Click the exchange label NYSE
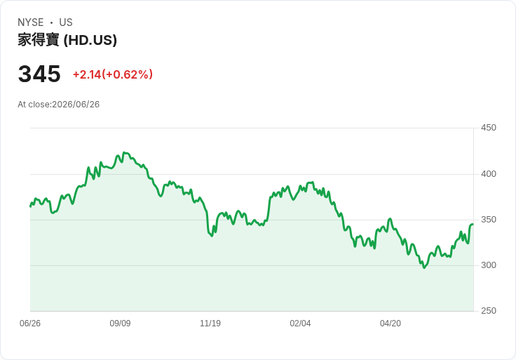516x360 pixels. tap(31, 22)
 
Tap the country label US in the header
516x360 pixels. tap(66, 22)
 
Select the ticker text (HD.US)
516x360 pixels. tap(90, 40)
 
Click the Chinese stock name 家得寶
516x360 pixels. tap(39, 40)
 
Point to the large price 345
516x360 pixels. tap(39, 74)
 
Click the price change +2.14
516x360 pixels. tap(87, 74)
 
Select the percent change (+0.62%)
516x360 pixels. tap(128, 74)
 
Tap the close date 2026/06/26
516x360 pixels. tap(76, 105)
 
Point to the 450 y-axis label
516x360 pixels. tap(489, 128)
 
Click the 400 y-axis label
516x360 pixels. tap(489, 174)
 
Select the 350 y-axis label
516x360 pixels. tap(489, 220)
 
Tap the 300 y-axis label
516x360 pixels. tap(489, 265)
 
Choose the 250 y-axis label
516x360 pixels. tap(489, 311)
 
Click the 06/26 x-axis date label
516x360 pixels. tap(30, 324)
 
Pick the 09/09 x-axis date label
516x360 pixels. tap(120, 324)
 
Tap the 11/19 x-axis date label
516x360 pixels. tap(210, 324)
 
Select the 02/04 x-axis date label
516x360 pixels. tap(300, 324)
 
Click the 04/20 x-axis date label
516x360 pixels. tap(391, 324)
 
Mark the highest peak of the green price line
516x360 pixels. tap(124, 152)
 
